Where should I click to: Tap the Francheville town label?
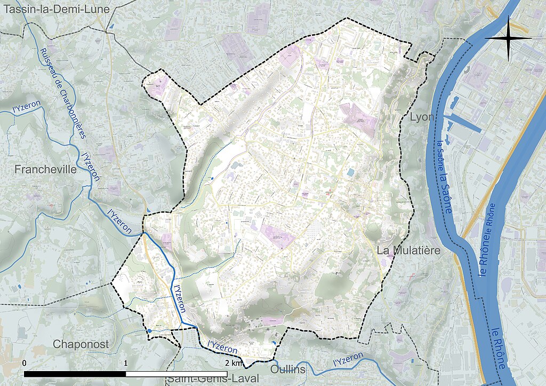[x=46, y=170]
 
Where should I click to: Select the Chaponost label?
[x=81, y=344]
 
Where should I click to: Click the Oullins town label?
[x=288, y=369]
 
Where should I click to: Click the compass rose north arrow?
[x=508, y=38]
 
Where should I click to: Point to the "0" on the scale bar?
[x=25, y=363]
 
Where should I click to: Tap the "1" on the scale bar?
[x=126, y=363]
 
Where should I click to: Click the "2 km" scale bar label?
[x=234, y=363]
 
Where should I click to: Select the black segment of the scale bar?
[x=75, y=374]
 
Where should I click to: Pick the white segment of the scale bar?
[x=176, y=374]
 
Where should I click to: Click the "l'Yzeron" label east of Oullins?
[x=348, y=359]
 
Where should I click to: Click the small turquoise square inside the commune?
[x=350, y=173]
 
